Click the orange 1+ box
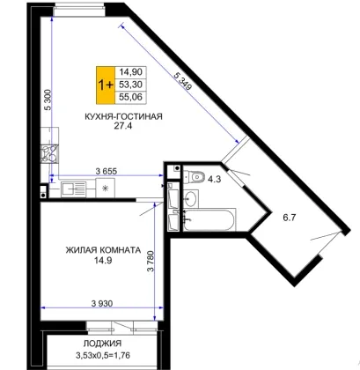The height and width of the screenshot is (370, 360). tap(106, 85)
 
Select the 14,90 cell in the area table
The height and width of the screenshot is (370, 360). tap(130, 72)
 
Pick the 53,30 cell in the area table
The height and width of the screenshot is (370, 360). tap(130, 85)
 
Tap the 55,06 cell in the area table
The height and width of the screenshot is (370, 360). tap(130, 97)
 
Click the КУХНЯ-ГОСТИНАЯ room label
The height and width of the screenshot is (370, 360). tap(123, 116)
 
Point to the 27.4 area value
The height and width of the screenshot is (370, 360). tap(123, 126)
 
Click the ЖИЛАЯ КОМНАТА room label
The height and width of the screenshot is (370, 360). tap(103, 250)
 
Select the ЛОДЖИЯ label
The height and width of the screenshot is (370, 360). tap(102, 344)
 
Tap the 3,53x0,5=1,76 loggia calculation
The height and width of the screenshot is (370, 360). tap(103, 356)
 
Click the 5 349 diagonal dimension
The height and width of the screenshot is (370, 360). tap(183, 80)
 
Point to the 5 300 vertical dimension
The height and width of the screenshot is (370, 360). tap(48, 100)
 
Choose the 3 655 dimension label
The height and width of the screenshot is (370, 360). tap(107, 171)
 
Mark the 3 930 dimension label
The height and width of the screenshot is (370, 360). tap(102, 303)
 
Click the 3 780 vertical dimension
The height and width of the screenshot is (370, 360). tap(151, 261)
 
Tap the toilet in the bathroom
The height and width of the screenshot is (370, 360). tap(195, 177)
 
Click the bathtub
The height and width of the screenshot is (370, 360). tap(209, 219)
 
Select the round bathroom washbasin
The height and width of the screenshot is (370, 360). tap(191, 199)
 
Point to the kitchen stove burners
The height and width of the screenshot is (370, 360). tap(49, 153)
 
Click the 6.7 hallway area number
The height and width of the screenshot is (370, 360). tap(289, 218)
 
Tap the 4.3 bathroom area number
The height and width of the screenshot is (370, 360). tap(214, 179)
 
